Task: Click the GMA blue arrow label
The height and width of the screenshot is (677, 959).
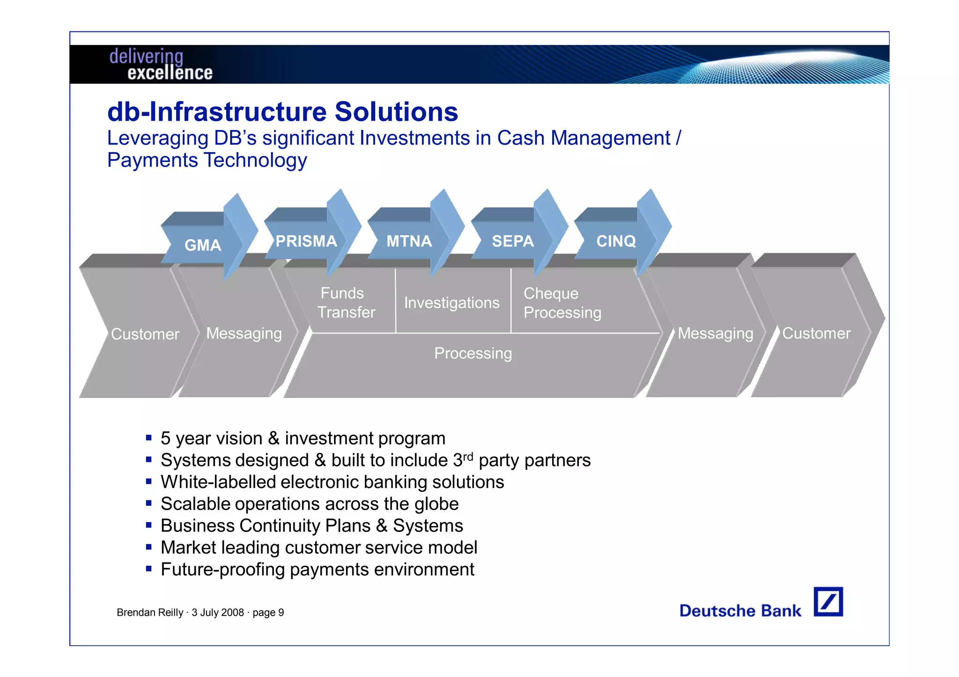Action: pos(203,245)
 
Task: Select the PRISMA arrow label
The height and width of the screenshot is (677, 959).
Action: pos(306,241)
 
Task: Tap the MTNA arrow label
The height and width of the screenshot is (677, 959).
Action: pos(409,241)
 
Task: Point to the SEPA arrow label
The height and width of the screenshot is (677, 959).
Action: pos(513,241)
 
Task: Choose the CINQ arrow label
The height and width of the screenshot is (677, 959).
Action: pos(616,241)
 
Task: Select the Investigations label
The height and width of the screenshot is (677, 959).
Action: pos(452,303)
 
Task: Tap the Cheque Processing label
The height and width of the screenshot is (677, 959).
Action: pos(562,303)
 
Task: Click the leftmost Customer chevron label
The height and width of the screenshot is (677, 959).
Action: pos(145,334)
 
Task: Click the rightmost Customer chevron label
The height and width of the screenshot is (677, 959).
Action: pos(816,333)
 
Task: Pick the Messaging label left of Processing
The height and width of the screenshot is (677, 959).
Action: pos(244,334)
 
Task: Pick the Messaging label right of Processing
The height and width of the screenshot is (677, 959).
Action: pos(716,334)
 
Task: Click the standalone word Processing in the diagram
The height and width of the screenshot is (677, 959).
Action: pos(473,353)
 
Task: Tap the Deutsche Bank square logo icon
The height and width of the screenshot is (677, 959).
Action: pos(828,602)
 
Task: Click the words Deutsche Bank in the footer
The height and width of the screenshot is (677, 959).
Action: pos(740,611)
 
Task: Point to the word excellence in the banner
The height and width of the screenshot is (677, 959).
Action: pos(170,73)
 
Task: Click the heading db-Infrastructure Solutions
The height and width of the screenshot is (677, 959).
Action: pos(282,112)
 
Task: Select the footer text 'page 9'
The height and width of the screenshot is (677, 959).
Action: pos(268,612)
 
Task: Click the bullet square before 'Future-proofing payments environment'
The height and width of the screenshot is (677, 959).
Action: pos(148,569)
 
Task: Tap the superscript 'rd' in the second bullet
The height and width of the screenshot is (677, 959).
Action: pos(468,456)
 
